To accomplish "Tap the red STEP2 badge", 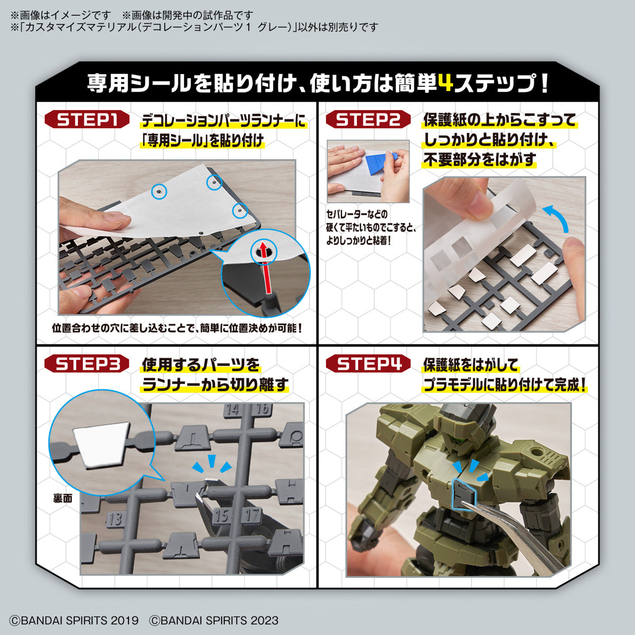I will tap(368, 120).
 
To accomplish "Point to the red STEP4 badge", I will tap(368, 364).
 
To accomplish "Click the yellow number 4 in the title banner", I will tap(446, 83).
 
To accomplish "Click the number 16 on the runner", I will tap(262, 409).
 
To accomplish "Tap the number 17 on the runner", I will tap(253, 514).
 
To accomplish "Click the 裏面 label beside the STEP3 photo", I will tap(62, 498).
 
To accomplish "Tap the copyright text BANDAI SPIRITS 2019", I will tap(74, 620).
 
